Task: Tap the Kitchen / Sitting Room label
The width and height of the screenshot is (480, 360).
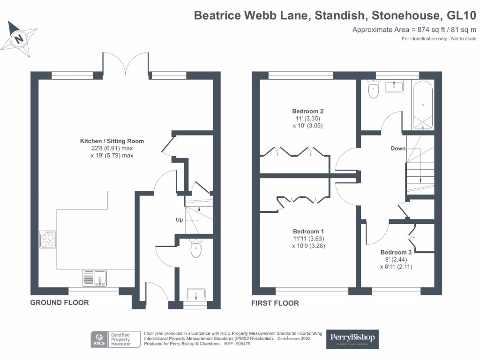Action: [x=112, y=141]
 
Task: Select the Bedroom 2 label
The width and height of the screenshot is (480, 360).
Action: [x=307, y=112]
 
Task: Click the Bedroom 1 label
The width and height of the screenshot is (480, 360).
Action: [x=308, y=232]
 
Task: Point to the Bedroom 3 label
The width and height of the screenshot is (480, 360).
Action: [x=396, y=252]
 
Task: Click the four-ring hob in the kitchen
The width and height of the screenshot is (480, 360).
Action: [x=48, y=240]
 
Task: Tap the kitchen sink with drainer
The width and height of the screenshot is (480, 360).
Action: [x=95, y=278]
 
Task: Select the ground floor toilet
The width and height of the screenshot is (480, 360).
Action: [x=196, y=248]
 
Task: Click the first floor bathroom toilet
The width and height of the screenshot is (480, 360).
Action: [x=374, y=90]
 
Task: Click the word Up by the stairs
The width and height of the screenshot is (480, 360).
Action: [x=179, y=219]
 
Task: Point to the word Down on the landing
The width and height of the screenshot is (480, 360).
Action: [x=398, y=149]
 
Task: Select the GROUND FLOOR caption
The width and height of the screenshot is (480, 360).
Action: [x=60, y=303]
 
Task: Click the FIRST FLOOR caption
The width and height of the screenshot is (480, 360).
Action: [x=275, y=303]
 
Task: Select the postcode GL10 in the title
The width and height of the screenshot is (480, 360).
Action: [x=462, y=15]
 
